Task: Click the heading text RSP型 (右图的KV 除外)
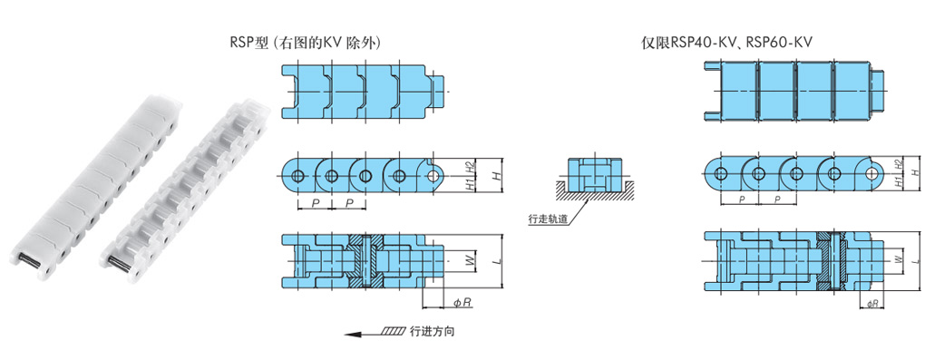tap(308, 43)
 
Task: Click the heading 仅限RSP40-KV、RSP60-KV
tap(726, 43)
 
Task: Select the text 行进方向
tap(432, 332)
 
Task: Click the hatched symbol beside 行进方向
tap(393, 332)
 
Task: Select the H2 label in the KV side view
tap(898, 164)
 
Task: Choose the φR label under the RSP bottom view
tap(462, 303)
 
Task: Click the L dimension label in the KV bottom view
tap(915, 259)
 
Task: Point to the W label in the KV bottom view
tap(898, 259)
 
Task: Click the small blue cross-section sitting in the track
tap(594, 174)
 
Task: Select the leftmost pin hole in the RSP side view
tap(298, 175)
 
